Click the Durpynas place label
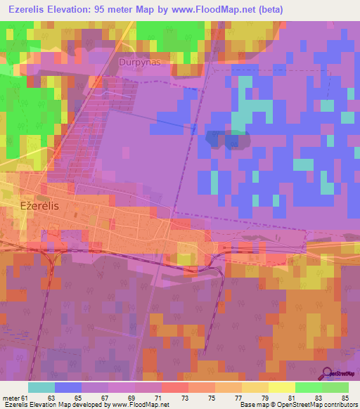140,61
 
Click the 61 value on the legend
25,398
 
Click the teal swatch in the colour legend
41,387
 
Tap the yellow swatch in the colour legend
281,387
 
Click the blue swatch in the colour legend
68,387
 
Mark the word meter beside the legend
10,398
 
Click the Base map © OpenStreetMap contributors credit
298,405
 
